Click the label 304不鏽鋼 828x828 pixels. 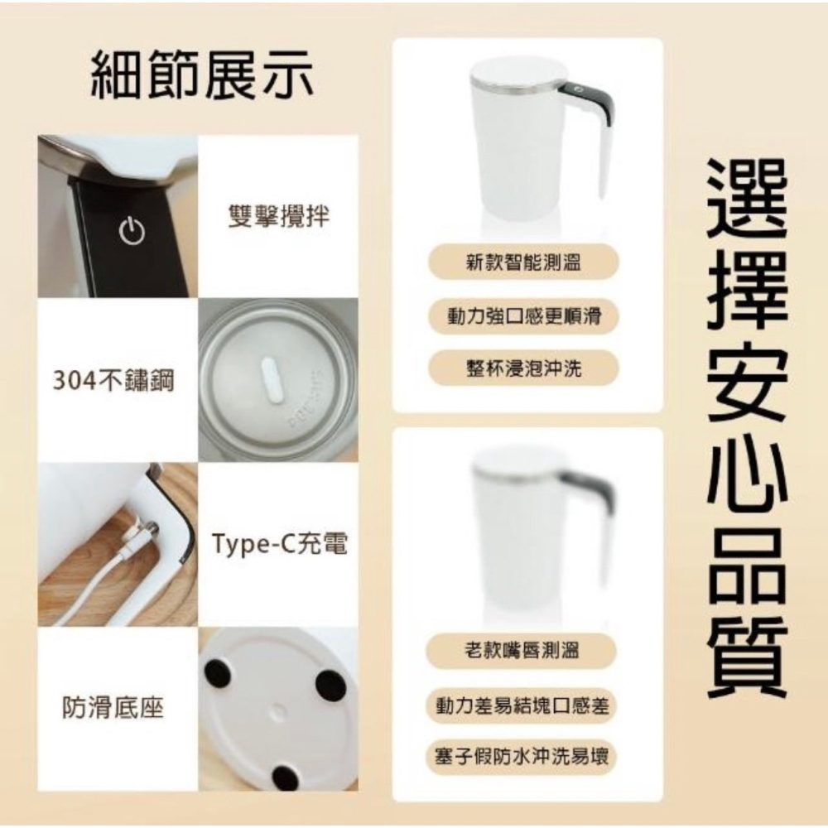tap(113, 382)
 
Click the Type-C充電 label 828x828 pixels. tap(279, 545)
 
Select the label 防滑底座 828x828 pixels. tap(113, 708)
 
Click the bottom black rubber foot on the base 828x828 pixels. tap(286, 777)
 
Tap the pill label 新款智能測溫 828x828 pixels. tap(522, 263)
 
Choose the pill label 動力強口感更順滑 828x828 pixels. tap(522, 315)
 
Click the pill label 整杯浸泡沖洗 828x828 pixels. tap(522, 368)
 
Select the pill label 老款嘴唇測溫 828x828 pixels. tap(522, 652)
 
